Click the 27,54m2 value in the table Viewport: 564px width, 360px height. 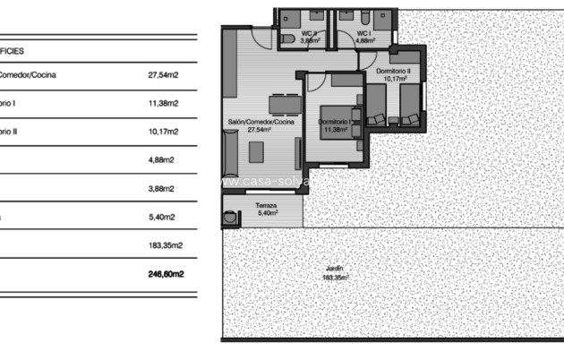point(164,75)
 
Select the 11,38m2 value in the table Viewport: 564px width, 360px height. point(164,103)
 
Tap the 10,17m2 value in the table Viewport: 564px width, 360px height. point(164,132)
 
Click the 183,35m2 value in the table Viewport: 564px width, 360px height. point(166,245)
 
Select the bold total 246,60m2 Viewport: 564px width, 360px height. point(166,274)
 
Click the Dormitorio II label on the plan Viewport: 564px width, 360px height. point(393,70)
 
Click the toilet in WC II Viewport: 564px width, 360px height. point(288,40)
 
